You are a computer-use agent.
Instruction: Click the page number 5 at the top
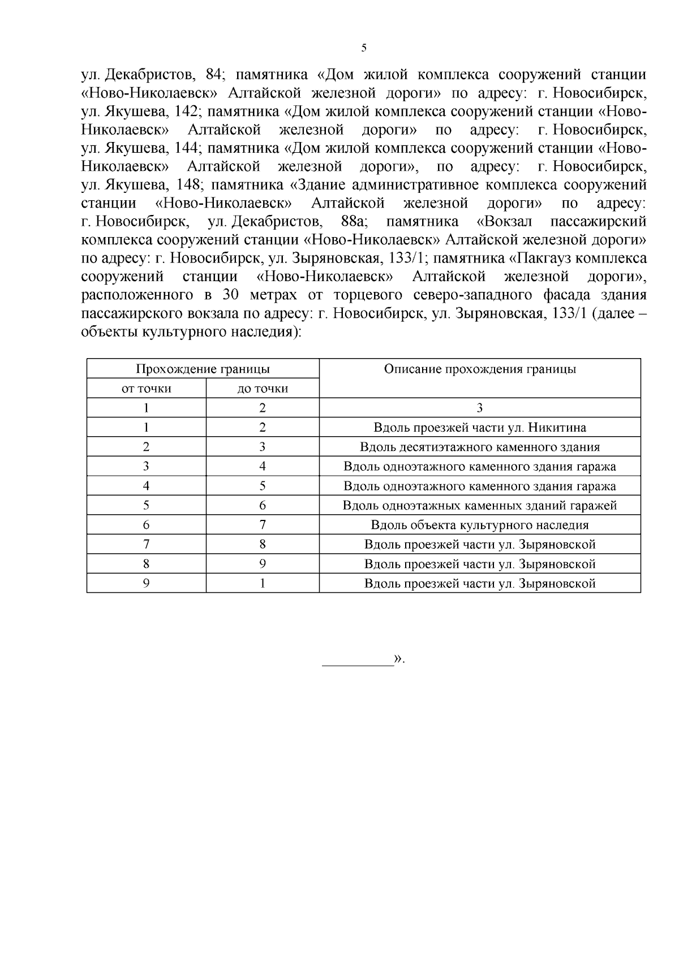point(364,48)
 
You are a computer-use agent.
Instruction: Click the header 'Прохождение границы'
point(203,369)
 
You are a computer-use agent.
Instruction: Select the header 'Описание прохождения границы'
point(480,369)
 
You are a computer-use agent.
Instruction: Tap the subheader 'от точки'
point(147,389)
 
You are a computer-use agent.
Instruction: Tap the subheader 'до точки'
point(263,389)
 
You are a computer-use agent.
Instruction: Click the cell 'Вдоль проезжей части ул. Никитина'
point(480,428)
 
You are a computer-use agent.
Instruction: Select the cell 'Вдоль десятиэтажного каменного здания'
point(480,447)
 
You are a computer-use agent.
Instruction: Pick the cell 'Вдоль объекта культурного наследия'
point(480,525)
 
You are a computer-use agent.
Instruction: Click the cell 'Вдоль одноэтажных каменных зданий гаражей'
point(480,506)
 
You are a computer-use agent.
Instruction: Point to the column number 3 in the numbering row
point(480,408)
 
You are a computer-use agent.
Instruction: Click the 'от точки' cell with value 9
point(147,583)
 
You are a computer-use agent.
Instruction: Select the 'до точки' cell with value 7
point(263,525)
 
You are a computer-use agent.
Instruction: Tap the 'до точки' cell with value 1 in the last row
point(263,583)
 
